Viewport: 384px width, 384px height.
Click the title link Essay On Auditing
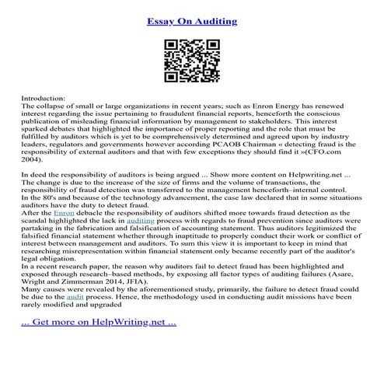coord(191,20)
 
